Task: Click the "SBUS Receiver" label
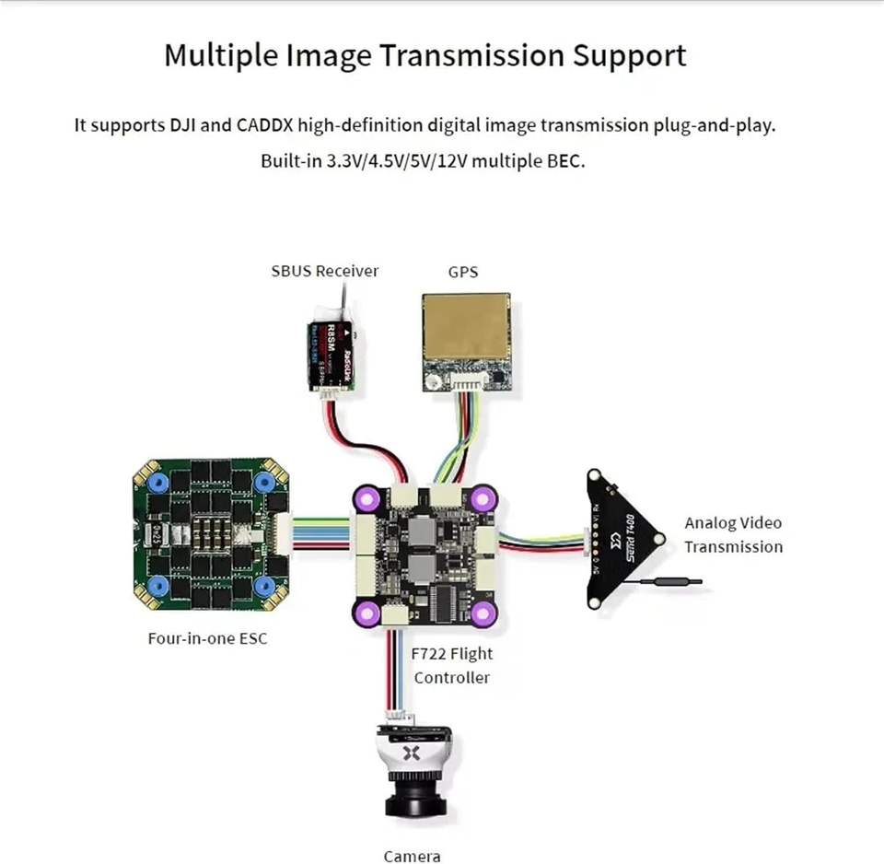[324, 271]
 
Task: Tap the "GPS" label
[463, 272]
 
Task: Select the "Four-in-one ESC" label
[207, 637]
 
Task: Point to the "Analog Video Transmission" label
[733, 534]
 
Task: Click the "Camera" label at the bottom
[412, 856]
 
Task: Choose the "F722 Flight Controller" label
[452, 665]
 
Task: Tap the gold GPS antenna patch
[465, 335]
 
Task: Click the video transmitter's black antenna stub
[671, 582]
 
